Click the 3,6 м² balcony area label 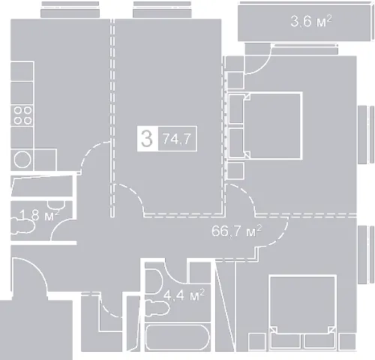pos(311,21)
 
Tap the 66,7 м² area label pos(236,231)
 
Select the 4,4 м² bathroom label pos(184,295)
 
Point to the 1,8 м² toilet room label pos(40,215)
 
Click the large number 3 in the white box pos(147,139)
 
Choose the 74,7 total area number pos(177,139)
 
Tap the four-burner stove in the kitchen pos(22,115)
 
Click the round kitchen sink pos(22,160)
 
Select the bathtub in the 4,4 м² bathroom pos(177,337)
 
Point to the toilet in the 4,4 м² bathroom pos(157,307)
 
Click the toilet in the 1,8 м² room pos(22,226)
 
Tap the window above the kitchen pos(70,10)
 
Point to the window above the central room pos(162,10)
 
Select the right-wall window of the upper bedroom pos(366,134)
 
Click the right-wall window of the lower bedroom pos(366,254)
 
